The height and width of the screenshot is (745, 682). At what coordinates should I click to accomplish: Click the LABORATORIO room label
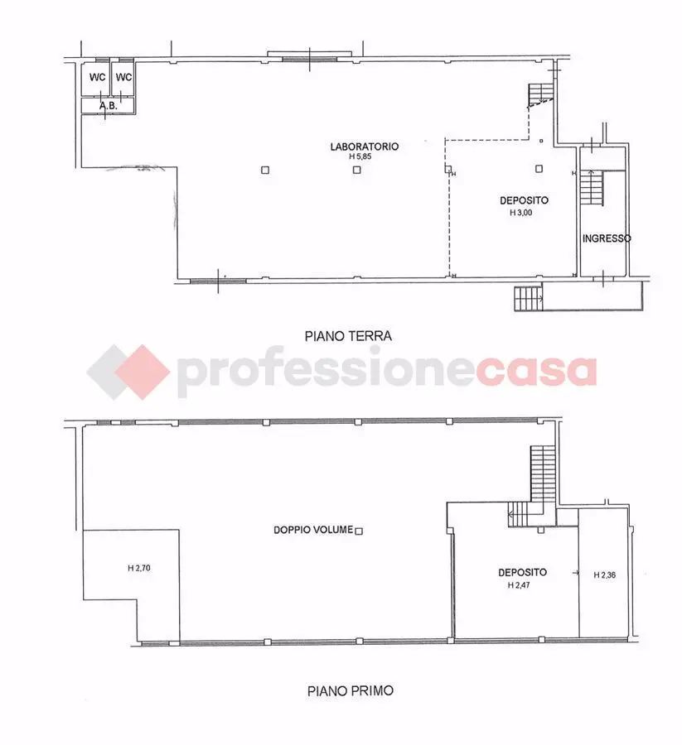(x=365, y=147)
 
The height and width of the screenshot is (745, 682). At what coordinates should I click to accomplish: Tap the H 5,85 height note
(x=360, y=156)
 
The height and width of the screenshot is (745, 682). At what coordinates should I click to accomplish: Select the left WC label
(x=98, y=77)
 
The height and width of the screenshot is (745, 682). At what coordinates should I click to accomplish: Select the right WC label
(x=123, y=77)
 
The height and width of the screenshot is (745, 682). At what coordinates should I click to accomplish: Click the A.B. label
(x=109, y=105)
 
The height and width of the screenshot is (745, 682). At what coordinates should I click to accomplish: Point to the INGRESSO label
(x=607, y=238)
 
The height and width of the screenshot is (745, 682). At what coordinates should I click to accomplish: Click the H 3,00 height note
(x=520, y=213)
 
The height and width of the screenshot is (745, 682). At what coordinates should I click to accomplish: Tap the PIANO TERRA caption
(x=348, y=336)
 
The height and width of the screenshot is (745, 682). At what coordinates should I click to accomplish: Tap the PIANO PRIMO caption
(x=351, y=690)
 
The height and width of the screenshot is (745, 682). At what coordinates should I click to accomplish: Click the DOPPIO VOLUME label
(x=313, y=530)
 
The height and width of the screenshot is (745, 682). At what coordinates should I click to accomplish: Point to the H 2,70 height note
(x=139, y=568)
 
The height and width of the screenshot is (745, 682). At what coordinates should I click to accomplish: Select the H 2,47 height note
(x=519, y=585)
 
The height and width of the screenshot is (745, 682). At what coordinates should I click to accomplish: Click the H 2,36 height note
(x=604, y=575)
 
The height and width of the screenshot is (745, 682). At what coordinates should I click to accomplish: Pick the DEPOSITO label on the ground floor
(x=524, y=200)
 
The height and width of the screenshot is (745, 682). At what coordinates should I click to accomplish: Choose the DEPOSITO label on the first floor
(x=523, y=573)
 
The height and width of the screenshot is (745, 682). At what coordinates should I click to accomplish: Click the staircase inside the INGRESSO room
(x=592, y=188)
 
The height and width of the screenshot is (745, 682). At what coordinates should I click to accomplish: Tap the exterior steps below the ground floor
(x=529, y=298)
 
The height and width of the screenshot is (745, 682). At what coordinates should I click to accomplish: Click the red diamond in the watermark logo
(x=143, y=372)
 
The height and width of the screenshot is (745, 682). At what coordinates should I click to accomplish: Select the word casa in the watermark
(x=535, y=372)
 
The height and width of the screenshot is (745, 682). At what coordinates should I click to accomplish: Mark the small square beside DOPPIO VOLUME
(x=359, y=531)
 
